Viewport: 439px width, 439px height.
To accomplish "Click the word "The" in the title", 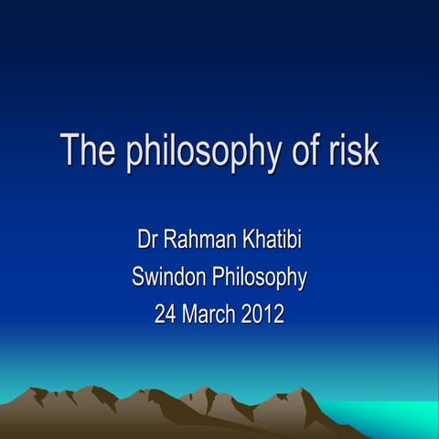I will pyautogui.click(x=85, y=150).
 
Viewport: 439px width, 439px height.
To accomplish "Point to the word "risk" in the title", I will pyautogui.click(x=350, y=150).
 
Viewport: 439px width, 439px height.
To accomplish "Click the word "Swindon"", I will pyautogui.click(x=170, y=278).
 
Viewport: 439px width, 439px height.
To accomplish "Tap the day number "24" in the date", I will pyautogui.click(x=165, y=315).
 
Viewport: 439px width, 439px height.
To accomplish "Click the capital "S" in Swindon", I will pyautogui.click(x=138, y=278).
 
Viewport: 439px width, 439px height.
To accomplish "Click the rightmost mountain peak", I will pyautogui.click(x=303, y=391).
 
